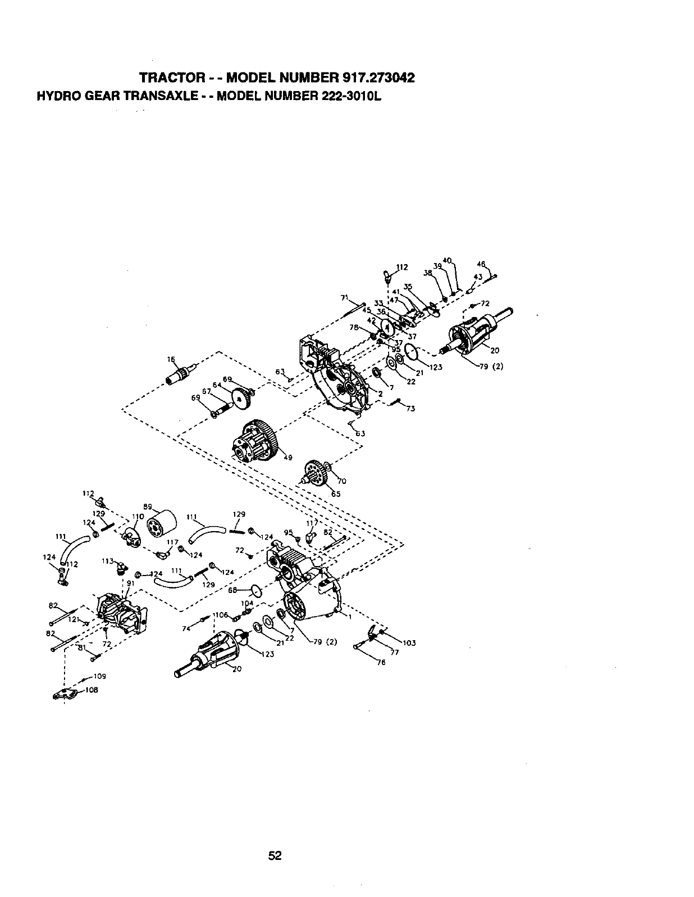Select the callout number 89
point(148,505)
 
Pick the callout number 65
point(335,495)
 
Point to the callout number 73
point(410,409)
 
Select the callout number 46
point(481,264)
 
